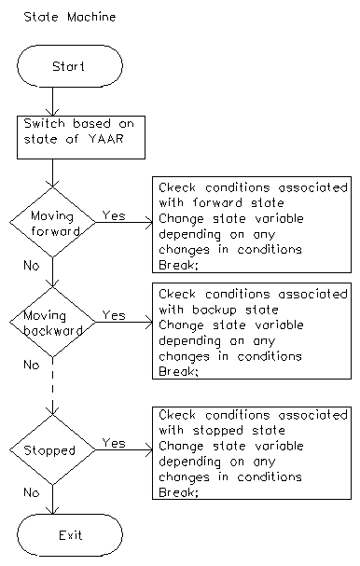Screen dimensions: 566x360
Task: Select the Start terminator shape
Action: (70, 66)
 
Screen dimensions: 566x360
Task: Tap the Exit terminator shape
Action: (70, 535)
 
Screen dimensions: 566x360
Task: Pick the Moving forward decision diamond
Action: (54, 224)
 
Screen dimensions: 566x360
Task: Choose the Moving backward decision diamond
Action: (54, 324)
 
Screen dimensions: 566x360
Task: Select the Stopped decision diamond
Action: (54, 450)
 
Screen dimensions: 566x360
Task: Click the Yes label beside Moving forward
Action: (114, 215)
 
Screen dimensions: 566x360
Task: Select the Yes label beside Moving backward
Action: (114, 315)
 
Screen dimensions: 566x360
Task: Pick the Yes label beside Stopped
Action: (114, 443)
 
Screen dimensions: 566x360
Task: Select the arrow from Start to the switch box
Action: (54, 101)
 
